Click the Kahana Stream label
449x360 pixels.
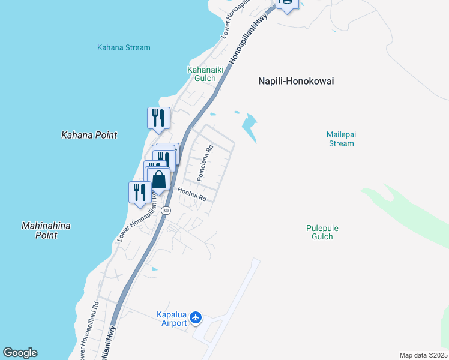click(124, 47)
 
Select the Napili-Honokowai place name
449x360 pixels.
click(295, 81)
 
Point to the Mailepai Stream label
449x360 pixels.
click(340, 139)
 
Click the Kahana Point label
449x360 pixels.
click(89, 135)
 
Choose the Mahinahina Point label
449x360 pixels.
click(46, 230)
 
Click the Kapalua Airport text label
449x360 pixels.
click(172, 319)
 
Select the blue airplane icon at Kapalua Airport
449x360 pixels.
click(196, 318)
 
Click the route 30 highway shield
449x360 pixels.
click(166, 211)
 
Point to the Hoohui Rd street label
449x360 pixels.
click(192, 194)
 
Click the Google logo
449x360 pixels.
click(20, 353)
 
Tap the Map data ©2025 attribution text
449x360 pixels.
click(423, 355)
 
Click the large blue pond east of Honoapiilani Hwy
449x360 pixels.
click(249, 127)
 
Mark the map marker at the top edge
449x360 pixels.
click(286, 4)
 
